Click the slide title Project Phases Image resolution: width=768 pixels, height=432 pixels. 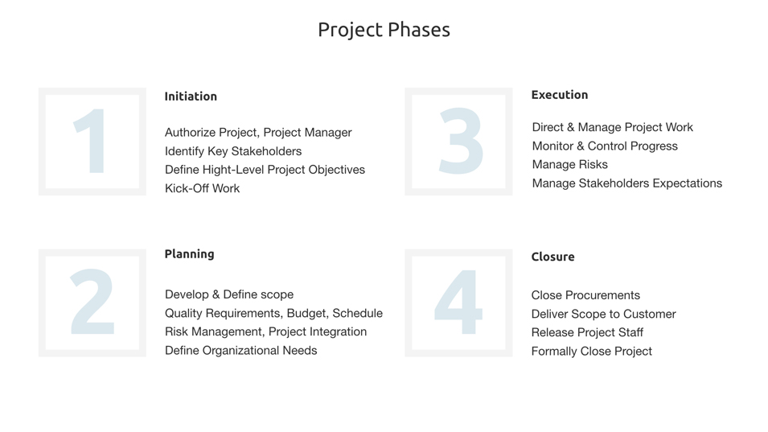[x=384, y=30]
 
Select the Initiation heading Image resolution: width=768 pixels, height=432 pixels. [x=191, y=97]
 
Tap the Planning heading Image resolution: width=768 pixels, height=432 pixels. [x=189, y=254]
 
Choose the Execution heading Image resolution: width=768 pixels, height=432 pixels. [x=559, y=95]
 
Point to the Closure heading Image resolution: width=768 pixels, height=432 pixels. [x=552, y=257]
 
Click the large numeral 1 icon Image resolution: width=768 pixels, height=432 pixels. [x=92, y=142]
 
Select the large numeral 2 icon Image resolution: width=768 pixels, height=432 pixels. [x=92, y=303]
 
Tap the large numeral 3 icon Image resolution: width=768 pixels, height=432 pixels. [x=459, y=142]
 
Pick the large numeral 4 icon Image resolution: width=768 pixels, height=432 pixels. [x=458, y=303]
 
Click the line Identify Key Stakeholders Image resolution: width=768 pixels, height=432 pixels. [x=233, y=151]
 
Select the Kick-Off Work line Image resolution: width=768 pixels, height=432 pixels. [x=202, y=189]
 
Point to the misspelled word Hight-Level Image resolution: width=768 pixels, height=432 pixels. [x=233, y=170]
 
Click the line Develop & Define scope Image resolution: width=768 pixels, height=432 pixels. [x=229, y=294]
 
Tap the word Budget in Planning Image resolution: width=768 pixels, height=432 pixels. [x=306, y=313]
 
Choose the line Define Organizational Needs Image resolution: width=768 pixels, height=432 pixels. [x=240, y=351]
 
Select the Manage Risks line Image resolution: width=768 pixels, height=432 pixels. [x=569, y=165]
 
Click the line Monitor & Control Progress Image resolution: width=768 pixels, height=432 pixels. [x=605, y=146]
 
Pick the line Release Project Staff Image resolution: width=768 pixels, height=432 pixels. [x=587, y=332]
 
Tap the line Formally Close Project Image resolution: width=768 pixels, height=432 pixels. [x=591, y=352]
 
